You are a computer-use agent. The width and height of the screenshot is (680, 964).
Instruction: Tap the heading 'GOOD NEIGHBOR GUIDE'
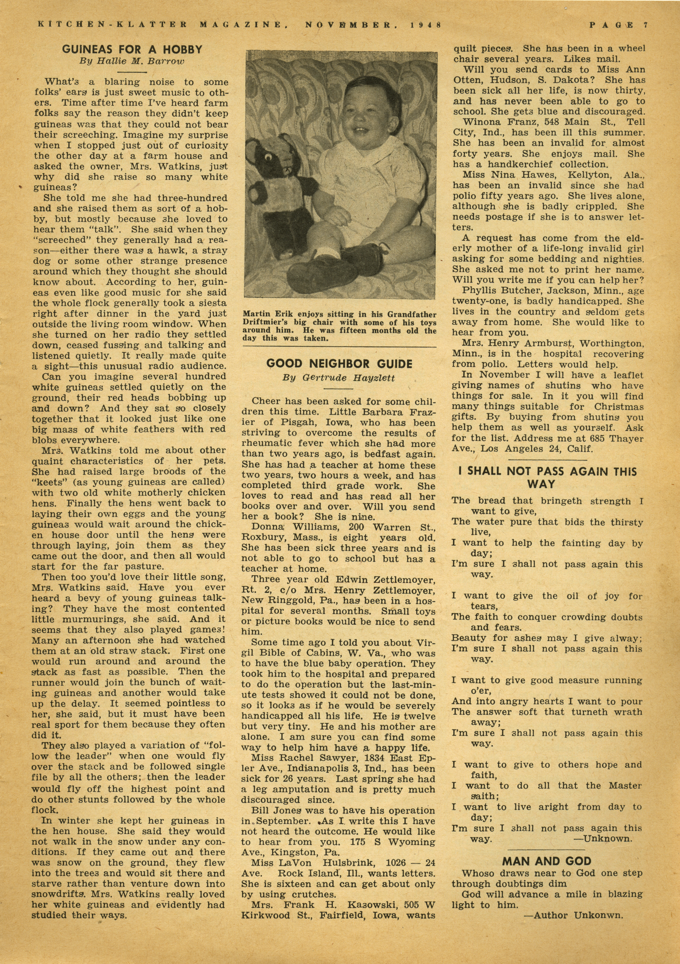click(x=339, y=364)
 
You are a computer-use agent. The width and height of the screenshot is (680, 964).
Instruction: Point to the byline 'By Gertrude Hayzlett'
click(x=339, y=377)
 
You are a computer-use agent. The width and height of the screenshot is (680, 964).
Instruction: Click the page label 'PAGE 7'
click(x=618, y=25)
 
